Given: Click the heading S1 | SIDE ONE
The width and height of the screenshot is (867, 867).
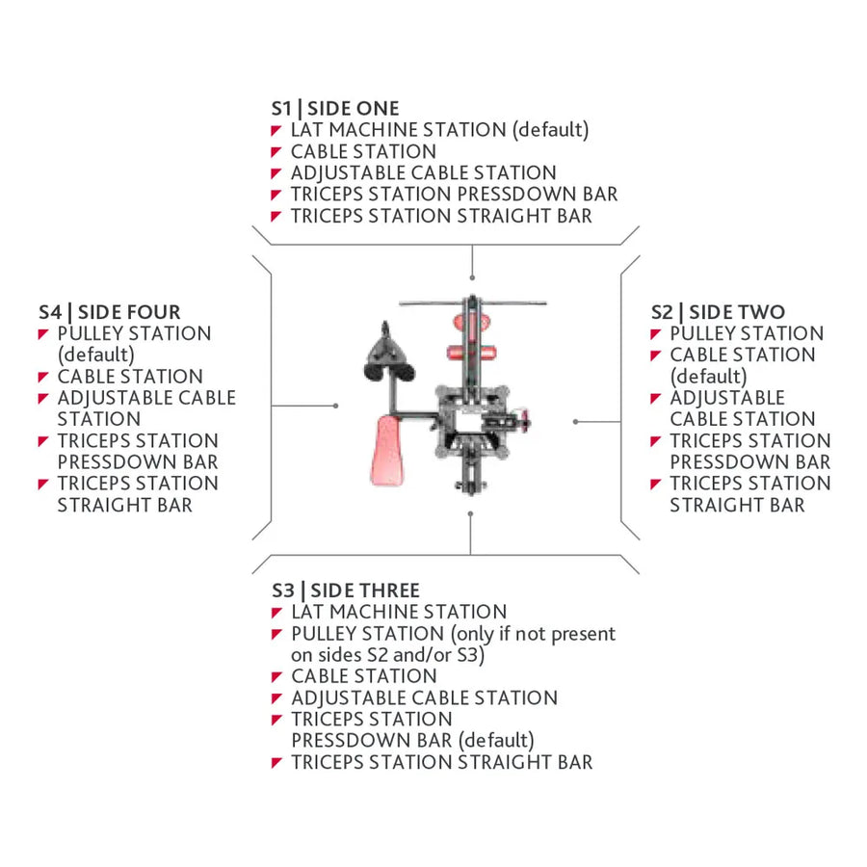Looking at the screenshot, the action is [x=335, y=108].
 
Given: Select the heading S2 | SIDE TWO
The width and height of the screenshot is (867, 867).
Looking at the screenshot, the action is [x=718, y=312].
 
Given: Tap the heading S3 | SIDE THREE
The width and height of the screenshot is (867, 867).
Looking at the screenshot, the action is [x=346, y=591].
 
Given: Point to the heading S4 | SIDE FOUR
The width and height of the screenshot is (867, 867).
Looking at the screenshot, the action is [x=110, y=312].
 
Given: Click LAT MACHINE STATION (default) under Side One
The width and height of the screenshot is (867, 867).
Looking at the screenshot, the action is [x=439, y=130].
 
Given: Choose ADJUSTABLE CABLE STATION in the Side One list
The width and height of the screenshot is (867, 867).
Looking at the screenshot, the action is [x=424, y=173].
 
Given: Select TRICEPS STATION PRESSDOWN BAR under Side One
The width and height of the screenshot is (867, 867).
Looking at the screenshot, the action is [x=454, y=194].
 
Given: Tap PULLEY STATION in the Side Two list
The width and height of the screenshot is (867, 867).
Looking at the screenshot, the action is [x=747, y=333].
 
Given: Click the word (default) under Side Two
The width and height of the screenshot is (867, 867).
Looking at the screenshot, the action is [x=708, y=377].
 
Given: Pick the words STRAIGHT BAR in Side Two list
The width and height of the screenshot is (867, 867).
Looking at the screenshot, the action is [x=737, y=505].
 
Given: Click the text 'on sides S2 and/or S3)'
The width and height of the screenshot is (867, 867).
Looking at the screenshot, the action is [x=387, y=655].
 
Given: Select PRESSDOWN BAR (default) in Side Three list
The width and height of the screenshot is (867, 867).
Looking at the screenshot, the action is [x=412, y=741].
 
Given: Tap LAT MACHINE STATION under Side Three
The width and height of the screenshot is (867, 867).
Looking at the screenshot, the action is [x=399, y=612].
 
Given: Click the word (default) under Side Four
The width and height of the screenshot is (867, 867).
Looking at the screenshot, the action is [x=95, y=355].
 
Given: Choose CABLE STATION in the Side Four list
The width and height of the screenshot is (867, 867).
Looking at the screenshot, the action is [x=130, y=377].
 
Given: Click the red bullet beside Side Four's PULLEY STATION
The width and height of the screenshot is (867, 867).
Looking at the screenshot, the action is [x=43, y=334].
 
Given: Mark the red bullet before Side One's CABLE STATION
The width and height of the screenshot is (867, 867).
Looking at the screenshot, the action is [x=276, y=152].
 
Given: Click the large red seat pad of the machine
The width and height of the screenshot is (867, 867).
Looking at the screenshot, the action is [x=387, y=451].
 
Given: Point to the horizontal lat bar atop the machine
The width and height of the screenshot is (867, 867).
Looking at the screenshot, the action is [x=473, y=303].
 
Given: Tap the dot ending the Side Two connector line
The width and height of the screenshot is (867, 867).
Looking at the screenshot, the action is [x=576, y=422].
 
